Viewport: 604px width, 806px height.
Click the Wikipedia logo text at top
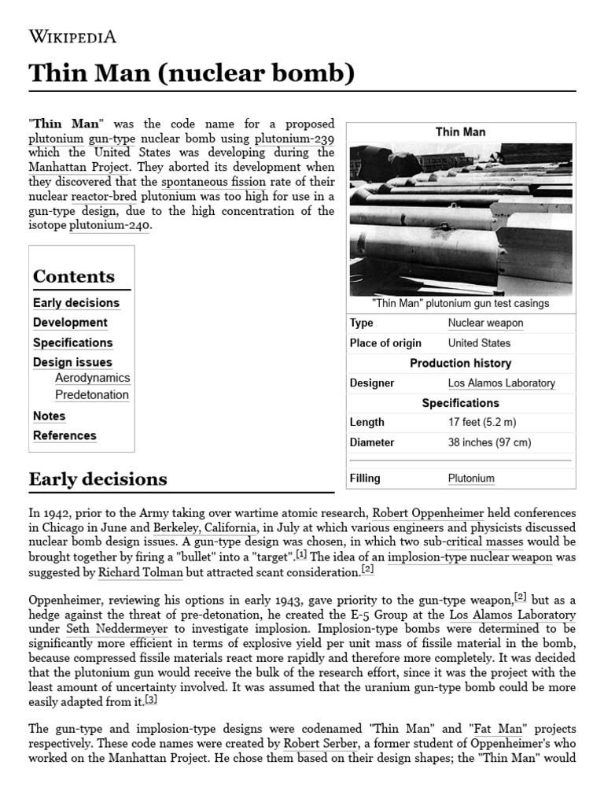[x=72, y=36]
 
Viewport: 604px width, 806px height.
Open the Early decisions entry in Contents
[x=76, y=303]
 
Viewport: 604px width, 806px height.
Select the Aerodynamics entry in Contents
[x=92, y=378]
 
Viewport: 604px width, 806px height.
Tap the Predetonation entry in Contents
[x=91, y=395]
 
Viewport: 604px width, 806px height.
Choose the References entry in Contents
[x=64, y=435]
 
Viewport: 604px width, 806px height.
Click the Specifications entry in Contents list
[x=72, y=342]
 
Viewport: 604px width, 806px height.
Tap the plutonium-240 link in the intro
[x=109, y=226]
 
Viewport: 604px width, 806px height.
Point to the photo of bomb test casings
[x=461, y=220]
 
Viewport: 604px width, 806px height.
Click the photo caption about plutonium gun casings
[x=461, y=303]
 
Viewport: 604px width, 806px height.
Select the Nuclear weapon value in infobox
[x=485, y=323]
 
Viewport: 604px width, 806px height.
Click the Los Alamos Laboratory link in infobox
[x=501, y=383]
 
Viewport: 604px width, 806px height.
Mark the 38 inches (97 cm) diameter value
[x=489, y=442]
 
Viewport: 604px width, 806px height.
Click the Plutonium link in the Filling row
[x=471, y=478]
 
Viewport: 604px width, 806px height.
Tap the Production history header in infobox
[x=461, y=363]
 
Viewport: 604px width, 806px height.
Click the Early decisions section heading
[x=98, y=479]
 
